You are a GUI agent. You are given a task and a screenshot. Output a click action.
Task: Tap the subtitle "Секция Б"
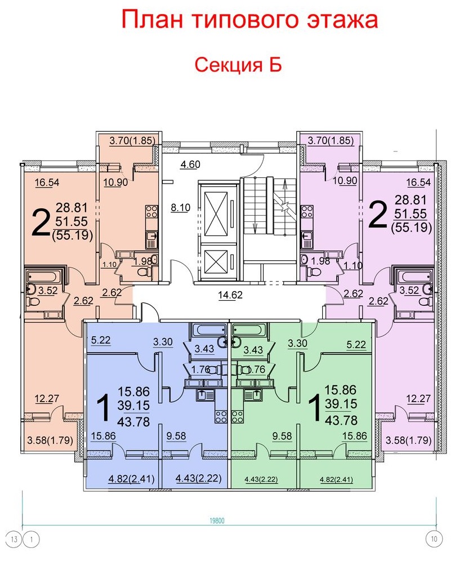[238, 65]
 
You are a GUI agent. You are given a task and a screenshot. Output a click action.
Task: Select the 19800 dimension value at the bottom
[217, 520]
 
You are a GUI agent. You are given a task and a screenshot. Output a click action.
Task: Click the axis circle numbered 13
[15, 540]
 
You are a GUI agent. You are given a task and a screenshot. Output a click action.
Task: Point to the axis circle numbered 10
[434, 540]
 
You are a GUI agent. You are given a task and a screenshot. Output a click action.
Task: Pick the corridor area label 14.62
[230, 295]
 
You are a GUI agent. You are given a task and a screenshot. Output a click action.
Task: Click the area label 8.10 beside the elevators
[180, 208]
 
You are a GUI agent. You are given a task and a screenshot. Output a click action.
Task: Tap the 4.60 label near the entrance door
[190, 164]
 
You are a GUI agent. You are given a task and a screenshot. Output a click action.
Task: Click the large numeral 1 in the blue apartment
[104, 408]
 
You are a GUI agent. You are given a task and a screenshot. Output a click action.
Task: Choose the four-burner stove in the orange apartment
[152, 211]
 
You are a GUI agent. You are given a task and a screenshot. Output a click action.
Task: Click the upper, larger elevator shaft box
[217, 210]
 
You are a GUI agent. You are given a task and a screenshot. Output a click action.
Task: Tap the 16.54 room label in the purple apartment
[418, 182]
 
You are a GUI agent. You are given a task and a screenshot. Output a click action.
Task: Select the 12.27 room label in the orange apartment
[47, 399]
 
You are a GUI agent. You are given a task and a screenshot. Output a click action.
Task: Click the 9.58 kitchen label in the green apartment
[282, 436]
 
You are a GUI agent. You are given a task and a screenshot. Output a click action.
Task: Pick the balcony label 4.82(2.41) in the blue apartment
[131, 479]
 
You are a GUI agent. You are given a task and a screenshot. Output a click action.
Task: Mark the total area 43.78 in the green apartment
[341, 420]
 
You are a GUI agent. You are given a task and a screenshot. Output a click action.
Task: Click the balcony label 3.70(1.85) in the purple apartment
[331, 140]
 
